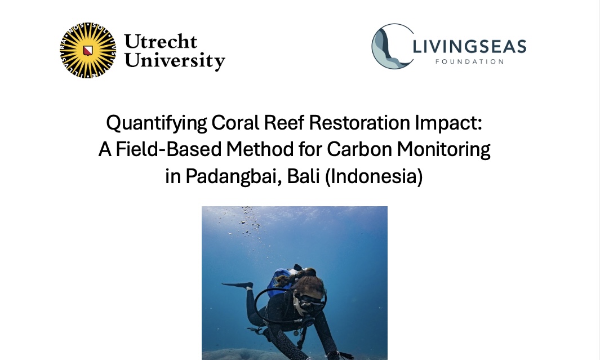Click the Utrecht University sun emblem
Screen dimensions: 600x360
[88, 50]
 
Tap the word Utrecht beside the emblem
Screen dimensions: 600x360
[161, 41]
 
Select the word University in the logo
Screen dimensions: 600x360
[175, 61]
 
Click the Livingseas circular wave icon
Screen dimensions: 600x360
[393, 46]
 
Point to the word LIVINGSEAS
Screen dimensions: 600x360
[469, 46]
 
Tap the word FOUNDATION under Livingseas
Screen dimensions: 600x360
[469, 61]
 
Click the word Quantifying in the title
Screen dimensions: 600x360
[157, 123]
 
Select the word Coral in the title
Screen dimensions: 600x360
[235, 123]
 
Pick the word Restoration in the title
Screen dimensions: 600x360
[359, 123]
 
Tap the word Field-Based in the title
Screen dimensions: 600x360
[169, 149]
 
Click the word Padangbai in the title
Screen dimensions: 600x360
[232, 176]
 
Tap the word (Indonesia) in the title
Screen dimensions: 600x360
[374, 176]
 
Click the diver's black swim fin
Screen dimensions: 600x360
[238, 285]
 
